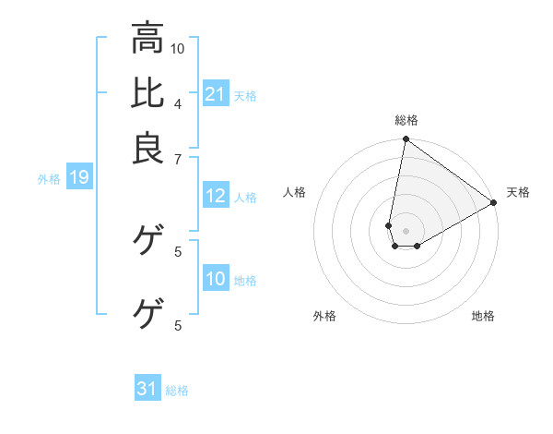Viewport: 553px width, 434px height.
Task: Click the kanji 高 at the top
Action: [147, 38]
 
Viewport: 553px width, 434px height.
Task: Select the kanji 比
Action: [147, 93]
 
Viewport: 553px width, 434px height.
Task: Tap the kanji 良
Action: [147, 149]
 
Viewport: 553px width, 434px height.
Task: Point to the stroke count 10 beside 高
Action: [178, 47]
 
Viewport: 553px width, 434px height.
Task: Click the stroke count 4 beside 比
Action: [178, 102]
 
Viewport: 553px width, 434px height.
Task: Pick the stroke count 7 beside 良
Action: [178, 158]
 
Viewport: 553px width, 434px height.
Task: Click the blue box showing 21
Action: [216, 93]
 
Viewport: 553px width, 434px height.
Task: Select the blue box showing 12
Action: [216, 196]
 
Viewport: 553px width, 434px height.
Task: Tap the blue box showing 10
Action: [216, 279]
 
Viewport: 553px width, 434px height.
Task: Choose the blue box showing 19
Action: [79, 177]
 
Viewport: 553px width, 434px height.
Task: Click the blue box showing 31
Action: [147, 389]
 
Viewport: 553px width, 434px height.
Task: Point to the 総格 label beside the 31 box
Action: [177, 391]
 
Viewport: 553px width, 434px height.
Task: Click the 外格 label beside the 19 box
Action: [49, 179]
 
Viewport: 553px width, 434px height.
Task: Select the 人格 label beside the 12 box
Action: [245, 198]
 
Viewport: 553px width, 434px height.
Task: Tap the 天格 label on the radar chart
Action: [518, 192]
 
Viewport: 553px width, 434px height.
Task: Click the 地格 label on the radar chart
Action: [483, 317]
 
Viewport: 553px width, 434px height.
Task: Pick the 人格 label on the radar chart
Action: [295, 192]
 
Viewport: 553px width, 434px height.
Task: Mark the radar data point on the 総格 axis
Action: [406, 140]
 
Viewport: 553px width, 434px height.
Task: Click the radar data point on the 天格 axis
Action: [494, 203]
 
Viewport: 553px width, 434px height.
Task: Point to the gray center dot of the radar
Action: [406, 231]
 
